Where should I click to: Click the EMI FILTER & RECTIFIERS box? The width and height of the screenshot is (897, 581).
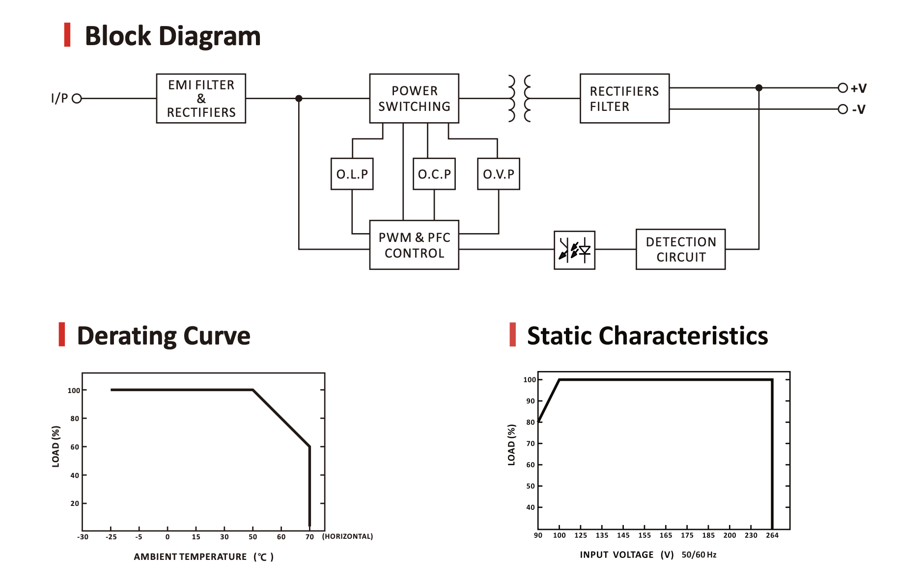point(201,99)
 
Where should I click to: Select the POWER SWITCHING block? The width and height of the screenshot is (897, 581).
point(414,99)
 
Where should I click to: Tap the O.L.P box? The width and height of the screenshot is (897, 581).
point(352,174)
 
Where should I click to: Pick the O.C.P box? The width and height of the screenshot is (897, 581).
point(434,174)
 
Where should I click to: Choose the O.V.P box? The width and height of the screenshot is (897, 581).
point(499,174)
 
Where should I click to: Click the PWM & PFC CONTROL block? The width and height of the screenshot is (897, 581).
point(414,245)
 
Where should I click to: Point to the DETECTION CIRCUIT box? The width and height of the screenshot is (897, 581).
point(680,249)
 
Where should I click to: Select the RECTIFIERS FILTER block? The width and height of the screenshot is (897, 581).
point(624,99)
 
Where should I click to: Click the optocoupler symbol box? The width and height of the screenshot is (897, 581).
point(574,250)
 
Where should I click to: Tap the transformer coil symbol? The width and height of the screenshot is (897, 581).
point(519,99)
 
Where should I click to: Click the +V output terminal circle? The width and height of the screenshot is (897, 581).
point(843,88)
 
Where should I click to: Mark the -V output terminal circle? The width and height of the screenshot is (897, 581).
point(843,109)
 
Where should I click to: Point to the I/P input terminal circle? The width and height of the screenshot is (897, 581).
point(77,99)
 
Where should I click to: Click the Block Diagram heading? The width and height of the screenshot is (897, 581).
point(172,36)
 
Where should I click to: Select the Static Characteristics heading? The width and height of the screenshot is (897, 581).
point(647,336)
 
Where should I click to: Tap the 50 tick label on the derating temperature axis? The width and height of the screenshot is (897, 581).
point(253,537)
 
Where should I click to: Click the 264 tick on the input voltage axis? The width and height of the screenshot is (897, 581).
point(772,535)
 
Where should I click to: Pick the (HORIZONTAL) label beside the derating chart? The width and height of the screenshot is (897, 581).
point(347,536)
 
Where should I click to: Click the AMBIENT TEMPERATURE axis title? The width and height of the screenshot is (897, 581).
point(191,557)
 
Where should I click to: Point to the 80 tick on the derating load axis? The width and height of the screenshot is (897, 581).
point(75,419)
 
